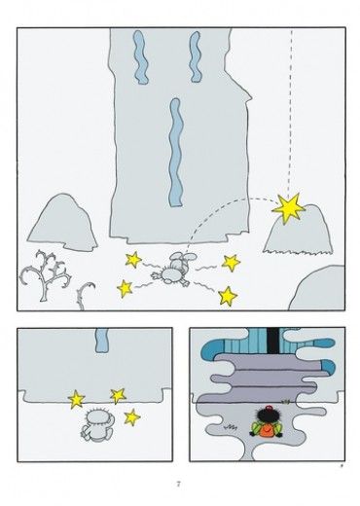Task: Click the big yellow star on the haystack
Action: click(x=288, y=208)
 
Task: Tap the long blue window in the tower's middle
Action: click(x=176, y=153)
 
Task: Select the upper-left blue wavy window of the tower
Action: click(x=140, y=57)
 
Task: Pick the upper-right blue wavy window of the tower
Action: click(x=196, y=56)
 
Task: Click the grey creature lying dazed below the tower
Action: click(x=173, y=270)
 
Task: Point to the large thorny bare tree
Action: click(x=45, y=275)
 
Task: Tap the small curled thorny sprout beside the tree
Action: click(x=84, y=296)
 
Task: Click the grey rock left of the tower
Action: click(x=63, y=223)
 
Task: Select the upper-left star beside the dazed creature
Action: click(x=133, y=260)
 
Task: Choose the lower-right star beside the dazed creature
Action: click(x=228, y=296)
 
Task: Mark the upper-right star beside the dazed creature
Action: click(x=231, y=263)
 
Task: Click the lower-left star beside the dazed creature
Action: click(x=125, y=289)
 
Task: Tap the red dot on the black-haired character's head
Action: click(x=269, y=408)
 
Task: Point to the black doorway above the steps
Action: click(x=273, y=341)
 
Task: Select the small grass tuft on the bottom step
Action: click(x=285, y=402)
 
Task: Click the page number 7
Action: click(x=178, y=484)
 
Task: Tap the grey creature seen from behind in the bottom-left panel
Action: click(x=97, y=424)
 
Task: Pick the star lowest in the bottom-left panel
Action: click(x=132, y=417)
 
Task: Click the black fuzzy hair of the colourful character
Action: click(x=267, y=416)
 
